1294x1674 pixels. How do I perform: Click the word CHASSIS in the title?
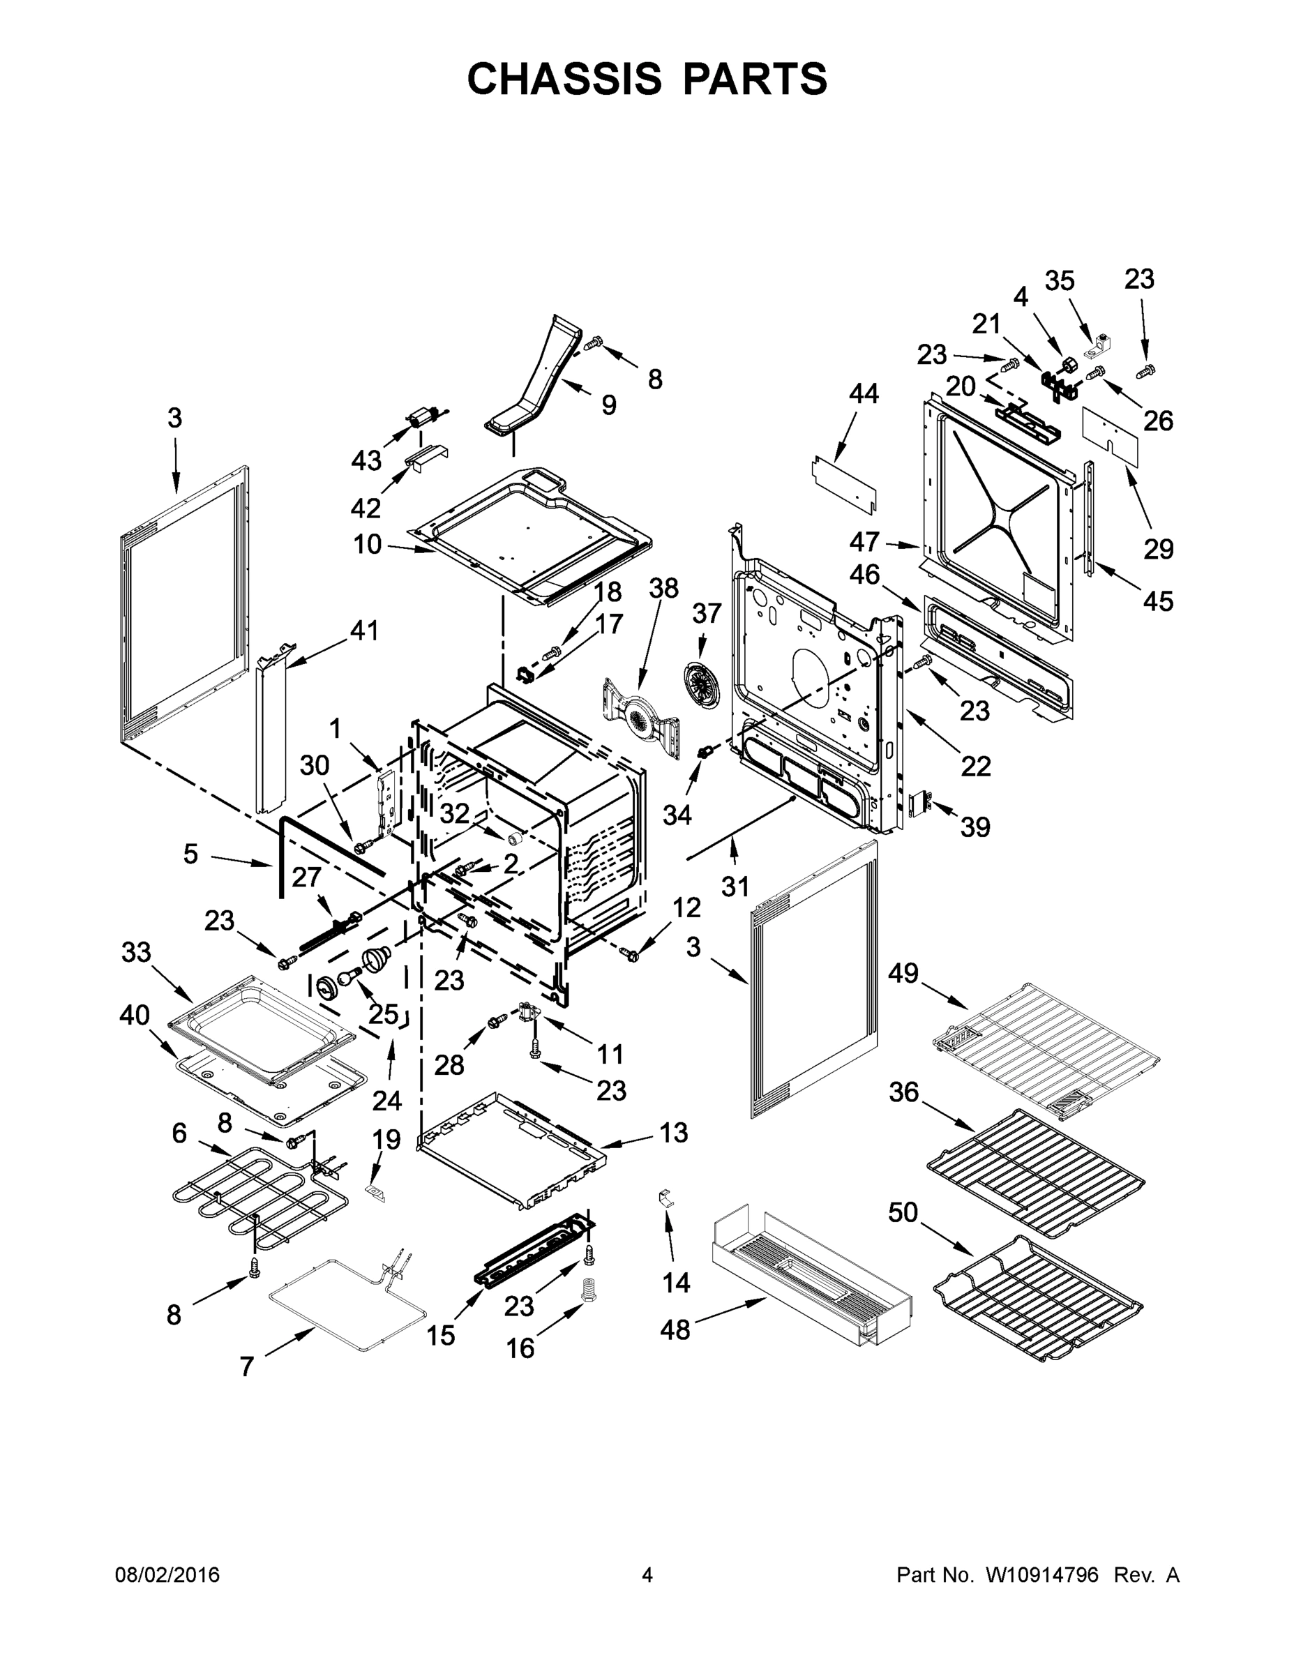pyautogui.click(x=564, y=78)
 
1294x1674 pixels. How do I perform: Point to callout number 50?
pyautogui.click(x=903, y=1212)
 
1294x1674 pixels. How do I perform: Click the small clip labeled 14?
pyautogui.click(x=666, y=1197)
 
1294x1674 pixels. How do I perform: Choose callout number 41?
pyautogui.click(x=364, y=630)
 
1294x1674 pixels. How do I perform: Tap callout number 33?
pyautogui.click(x=137, y=952)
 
